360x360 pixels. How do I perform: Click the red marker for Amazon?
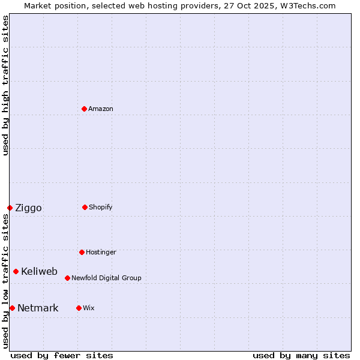pyautogui.click(x=84, y=109)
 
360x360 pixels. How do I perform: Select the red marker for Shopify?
pyautogui.click(x=85, y=207)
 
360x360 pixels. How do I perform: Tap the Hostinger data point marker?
pyautogui.click(x=82, y=252)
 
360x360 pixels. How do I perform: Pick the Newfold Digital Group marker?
pyautogui.click(x=67, y=278)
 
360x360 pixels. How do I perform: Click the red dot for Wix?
pyautogui.click(x=79, y=308)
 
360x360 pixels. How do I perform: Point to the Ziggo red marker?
pyautogui.click(x=10, y=208)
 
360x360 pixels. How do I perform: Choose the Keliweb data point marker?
pyautogui.click(x=16, y=271)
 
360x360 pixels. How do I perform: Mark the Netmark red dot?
pyautogui.click(x=12, y=308)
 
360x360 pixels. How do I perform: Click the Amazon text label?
pyautogui.click(x=101, y=109)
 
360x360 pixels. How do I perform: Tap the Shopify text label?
pyautogui.click(x=101, y=207)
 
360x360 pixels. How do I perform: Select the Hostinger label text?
pyautogui.click(x=101, y=252)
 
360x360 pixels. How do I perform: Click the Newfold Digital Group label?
pyautogui.click(x=106, y=278)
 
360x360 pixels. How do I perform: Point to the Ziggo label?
pyautogui.click(x=28, y=208)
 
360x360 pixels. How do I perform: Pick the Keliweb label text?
pyautogui.click(x=39, y=271)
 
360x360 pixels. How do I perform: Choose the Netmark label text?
pyautogui.click(x=38, y=308)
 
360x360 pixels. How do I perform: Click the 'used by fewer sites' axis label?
pyautogui.click(x=62, y=355)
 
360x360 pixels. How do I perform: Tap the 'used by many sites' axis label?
pyautogui.click(x=301, y=355)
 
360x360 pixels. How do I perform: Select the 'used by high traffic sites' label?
pyautogui.click(x=5, y=85)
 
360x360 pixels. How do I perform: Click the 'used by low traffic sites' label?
pyautogui.click(x=5, y=281)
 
